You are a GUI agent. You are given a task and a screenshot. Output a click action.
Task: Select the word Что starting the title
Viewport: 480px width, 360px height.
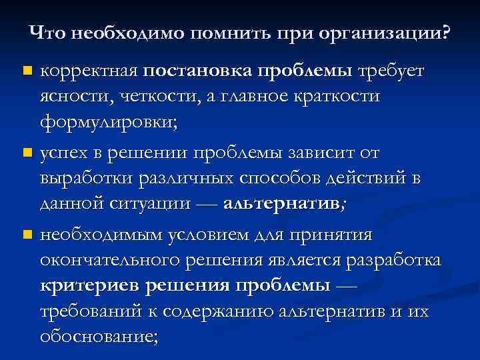coord(45,33)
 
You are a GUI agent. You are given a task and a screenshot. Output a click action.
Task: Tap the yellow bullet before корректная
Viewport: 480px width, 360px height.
coord(27,71)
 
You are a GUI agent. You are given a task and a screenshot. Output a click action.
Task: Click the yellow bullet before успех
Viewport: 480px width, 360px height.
coord(27,154)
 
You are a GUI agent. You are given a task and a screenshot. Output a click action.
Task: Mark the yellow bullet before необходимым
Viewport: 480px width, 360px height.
coord(27,235)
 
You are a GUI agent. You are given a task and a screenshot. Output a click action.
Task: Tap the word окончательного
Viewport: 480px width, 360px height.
coord(112,260)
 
